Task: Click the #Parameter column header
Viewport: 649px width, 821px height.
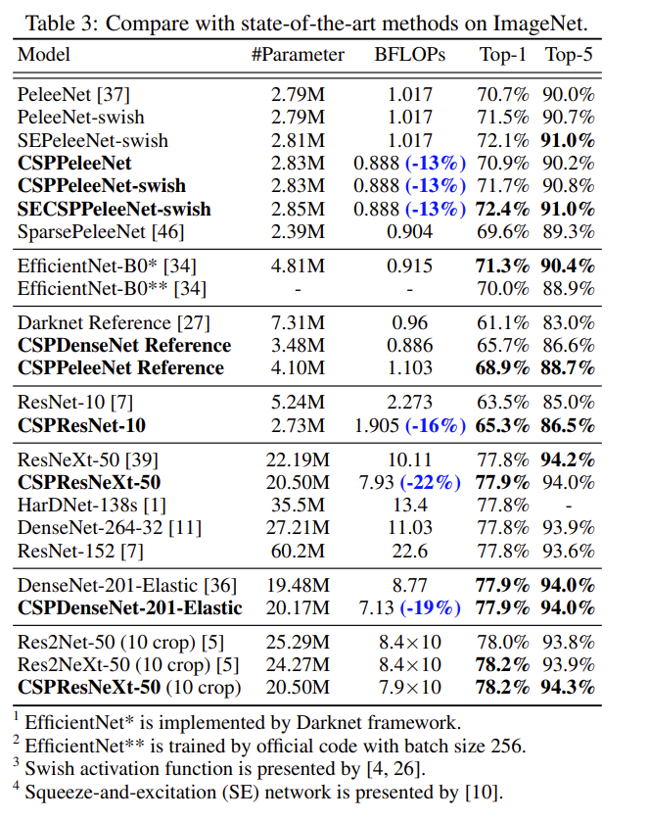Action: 298,55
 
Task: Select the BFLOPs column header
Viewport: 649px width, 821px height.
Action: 409,55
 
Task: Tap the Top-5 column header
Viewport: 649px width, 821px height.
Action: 569,55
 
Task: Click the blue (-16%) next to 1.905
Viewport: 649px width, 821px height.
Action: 432,425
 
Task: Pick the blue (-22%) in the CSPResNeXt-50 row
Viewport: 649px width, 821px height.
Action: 432,482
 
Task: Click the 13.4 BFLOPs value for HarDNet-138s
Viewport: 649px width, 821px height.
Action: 409,505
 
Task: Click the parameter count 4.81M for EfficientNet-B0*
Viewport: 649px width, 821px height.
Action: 298,266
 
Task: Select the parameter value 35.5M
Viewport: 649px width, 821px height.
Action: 298,505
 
